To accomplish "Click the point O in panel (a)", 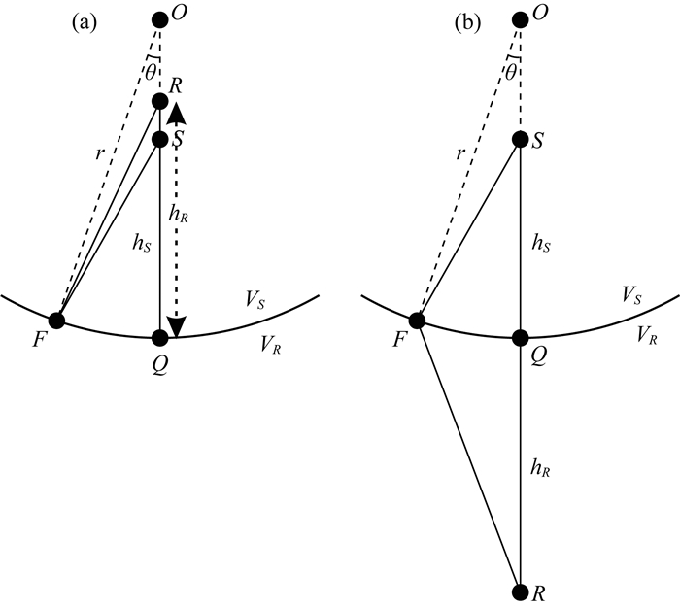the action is click(160, 20).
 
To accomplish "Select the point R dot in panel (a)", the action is click(160, 101).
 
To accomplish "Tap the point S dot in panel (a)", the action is click(160, 140).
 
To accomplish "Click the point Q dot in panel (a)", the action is click(160, 338).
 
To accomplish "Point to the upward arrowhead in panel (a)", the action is click(176, 114).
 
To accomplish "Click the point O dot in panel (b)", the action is click(521, 20).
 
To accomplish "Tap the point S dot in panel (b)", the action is click(521, 140).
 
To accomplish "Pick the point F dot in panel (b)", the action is click(418, 320).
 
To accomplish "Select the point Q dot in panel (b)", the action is click(521, 338).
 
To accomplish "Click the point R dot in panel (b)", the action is click(521, 590).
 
